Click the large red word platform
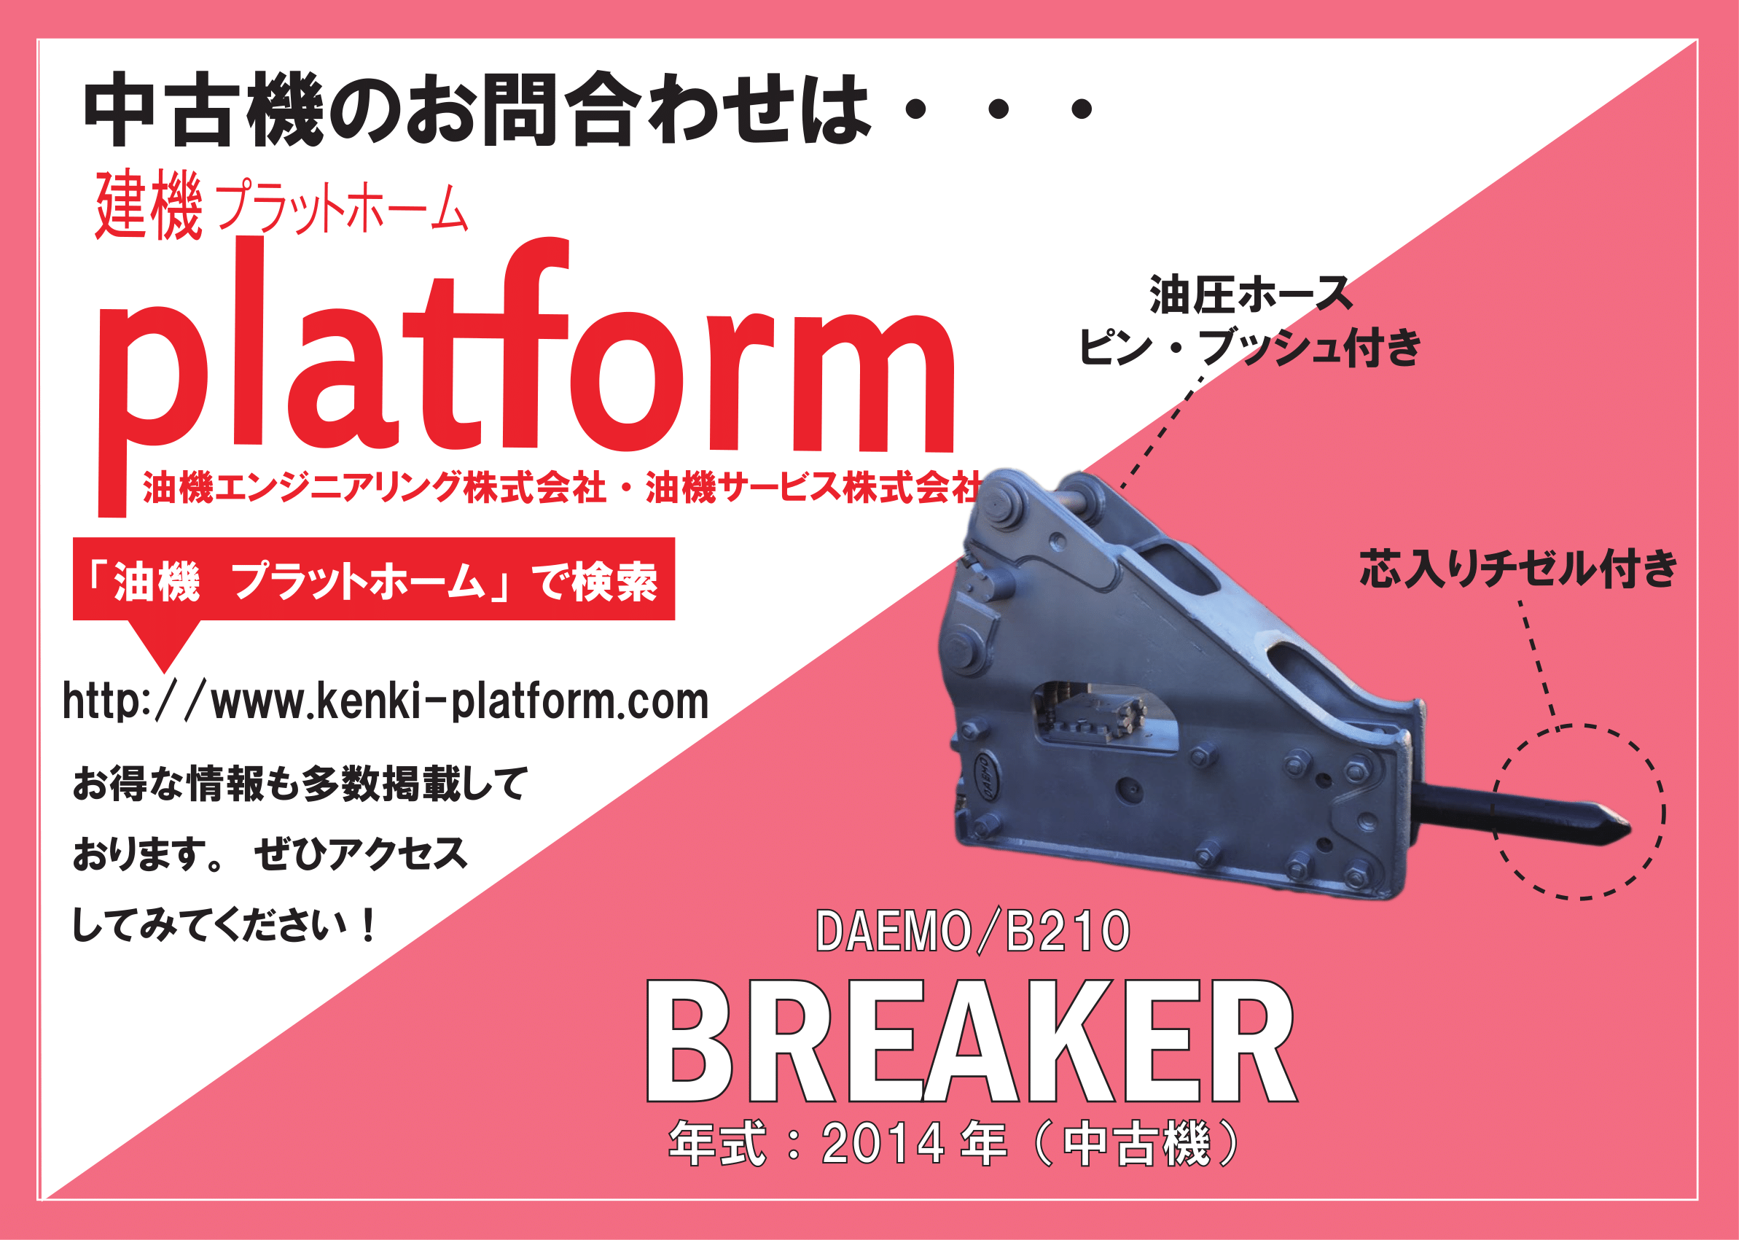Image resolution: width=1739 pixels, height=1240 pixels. pyautogui.click(x=527, y=374)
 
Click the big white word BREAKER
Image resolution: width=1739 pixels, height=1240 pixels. pyautogui.click(x=971, y=1042)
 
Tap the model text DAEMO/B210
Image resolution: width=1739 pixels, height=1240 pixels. pyautogui.click(x=972, y=932)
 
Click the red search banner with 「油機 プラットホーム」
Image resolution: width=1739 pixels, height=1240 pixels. pyautogui.click(x=374, y=580)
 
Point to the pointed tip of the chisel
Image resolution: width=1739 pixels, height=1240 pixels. pyautogui.click(x=1629, y=829)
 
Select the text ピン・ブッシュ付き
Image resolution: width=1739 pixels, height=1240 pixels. pyautogui.click(x=1250, y=347)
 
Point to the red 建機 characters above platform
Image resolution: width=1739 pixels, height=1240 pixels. pyautogui.click(x=149, y=205)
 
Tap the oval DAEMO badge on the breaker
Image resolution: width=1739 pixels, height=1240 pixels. pyautogui.click(x=986, y=776)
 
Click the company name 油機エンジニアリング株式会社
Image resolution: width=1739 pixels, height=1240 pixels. pyautogui.click(x=375, y=488)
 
